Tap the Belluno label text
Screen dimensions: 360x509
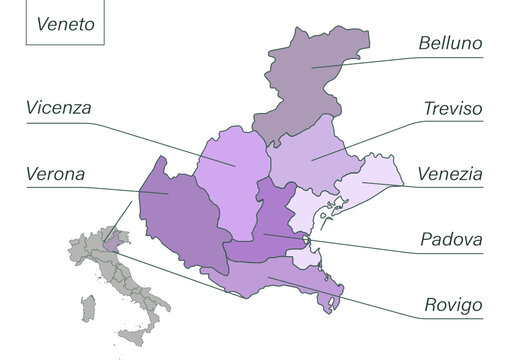coord(451,44)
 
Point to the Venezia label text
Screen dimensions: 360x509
coord(451,174)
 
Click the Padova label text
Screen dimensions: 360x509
coord(451,240)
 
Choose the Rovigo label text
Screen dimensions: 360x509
coord(452,304)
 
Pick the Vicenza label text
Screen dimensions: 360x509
coord(59,107)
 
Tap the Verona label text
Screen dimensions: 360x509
coord(56,174)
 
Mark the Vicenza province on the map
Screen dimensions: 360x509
coord(232,180)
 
